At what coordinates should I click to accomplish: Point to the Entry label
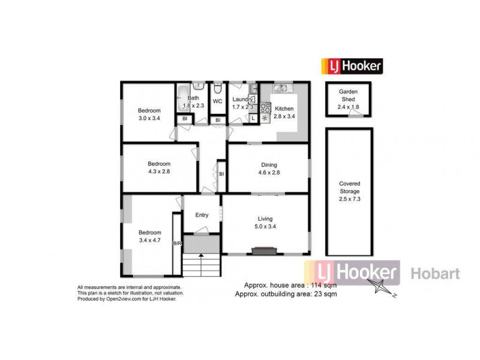(202, 215)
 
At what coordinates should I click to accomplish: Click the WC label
(217, 101)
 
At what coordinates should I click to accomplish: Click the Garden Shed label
(348, 96)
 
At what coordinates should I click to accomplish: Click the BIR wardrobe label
(176, 244)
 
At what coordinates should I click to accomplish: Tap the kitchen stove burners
(265, 109)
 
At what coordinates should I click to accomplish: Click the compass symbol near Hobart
(382, 288)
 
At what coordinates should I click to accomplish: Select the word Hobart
(435, 274)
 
